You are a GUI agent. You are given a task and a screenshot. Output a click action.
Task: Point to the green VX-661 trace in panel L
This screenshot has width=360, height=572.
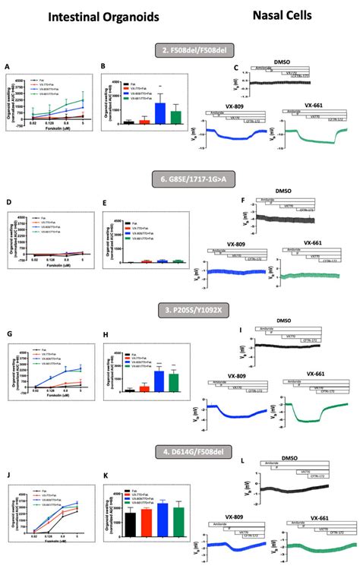click(311, 545)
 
